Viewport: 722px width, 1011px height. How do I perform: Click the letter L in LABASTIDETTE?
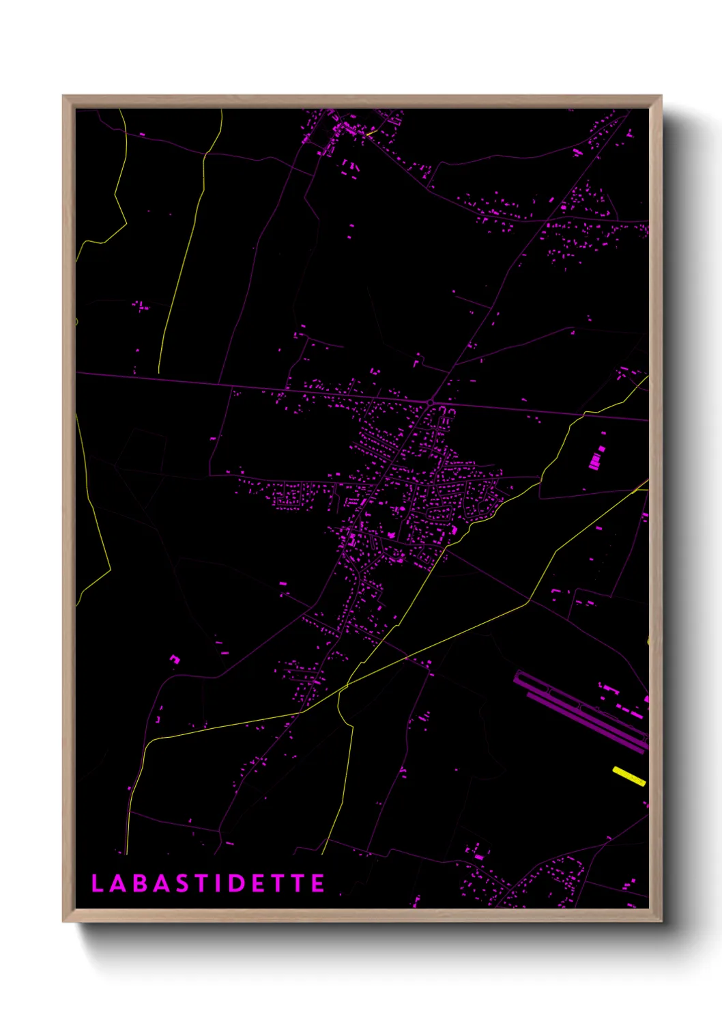point(97,883)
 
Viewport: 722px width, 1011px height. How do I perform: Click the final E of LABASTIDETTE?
point(317,883)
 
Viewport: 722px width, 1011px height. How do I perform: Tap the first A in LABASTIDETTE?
point(117,883)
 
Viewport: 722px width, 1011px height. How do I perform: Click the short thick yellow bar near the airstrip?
point(629,776)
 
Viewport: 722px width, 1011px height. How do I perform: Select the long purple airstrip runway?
point(580,710)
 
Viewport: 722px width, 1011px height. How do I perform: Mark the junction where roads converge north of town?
point(431,402)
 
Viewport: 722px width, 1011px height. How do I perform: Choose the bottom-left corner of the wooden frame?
point(64,921)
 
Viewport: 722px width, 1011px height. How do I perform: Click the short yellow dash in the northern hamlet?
point(369,134)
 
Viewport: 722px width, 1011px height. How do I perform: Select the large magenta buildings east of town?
point(596,458)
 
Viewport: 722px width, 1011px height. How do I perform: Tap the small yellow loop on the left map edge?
point(76,321)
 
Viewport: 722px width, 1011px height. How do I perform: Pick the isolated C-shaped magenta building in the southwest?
point(175,659)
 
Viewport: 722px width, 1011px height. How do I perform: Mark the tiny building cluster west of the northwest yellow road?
point(141,306)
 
